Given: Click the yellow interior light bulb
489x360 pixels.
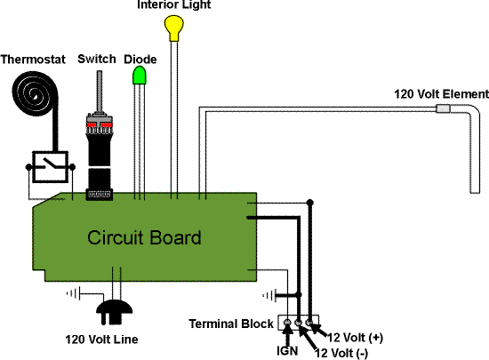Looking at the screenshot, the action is (x=173, y=28).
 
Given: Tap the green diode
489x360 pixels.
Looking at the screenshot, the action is (x=140, y=76).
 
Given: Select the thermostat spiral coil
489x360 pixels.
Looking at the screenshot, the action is (x=35, y=93).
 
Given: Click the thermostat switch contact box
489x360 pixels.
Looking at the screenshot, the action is (x=50, y=167).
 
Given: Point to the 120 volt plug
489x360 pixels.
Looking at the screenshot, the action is (x=114, y=312).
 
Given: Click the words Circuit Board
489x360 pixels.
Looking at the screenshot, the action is (x=144, y=237).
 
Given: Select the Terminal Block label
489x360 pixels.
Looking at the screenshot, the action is (x=231, y=324).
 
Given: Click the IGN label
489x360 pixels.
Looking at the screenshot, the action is (x=287, y=350).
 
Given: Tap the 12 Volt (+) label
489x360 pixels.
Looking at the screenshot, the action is (x=355, y=337).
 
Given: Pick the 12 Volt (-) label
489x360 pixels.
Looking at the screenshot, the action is (x=341, y=353).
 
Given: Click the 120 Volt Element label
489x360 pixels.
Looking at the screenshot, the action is (x=441, y=94).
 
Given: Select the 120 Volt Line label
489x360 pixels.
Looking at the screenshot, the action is (x=101, y=340).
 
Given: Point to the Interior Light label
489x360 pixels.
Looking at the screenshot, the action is (x=174, y=4).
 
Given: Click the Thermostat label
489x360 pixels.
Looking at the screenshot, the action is (x=33, y=60).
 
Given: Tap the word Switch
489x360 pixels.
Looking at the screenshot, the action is (x=97, y=59).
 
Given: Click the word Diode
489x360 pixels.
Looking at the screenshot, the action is (x=140, y=60).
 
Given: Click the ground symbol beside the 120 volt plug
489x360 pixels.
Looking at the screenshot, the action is (x=74, y=293).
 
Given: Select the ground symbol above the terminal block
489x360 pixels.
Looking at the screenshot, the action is (x=269, y=295).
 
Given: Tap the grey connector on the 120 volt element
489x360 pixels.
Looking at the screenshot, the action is (x=443, y=108).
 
